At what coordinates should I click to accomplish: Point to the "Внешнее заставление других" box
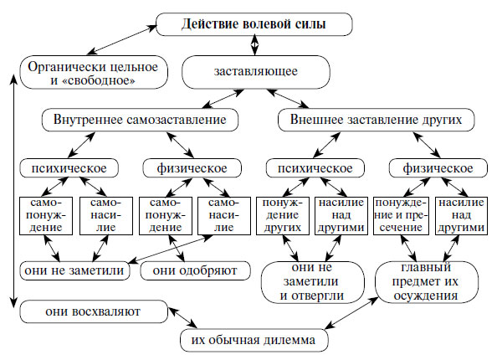point(371,121)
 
